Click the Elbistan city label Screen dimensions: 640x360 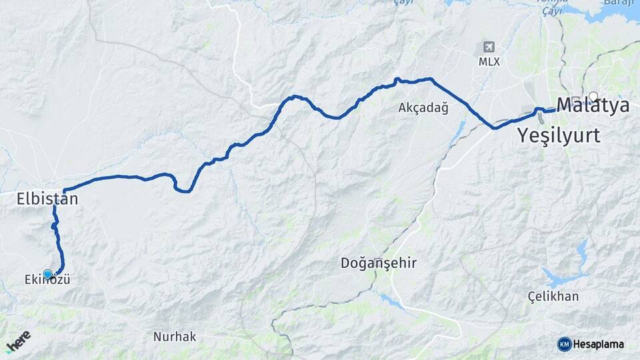(47, 199)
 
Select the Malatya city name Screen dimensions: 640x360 (593, 105)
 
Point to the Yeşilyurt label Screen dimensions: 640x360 (559, 136)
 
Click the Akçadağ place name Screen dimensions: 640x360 (423, 107)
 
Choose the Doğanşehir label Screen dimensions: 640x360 (379, 263)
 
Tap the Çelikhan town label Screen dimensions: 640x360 (553, 296)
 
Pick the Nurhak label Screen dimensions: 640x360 (175, 337)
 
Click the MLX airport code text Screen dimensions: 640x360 (489, 62)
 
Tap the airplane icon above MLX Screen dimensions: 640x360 (489, 47)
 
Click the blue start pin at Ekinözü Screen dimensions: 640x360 (48, 274)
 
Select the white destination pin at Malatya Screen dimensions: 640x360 (593, 96)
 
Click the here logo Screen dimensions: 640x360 (18, 339)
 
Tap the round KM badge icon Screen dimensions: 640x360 (564, 344)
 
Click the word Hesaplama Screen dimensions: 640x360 (599, 344)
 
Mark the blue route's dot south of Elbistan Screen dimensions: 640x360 (54, 226)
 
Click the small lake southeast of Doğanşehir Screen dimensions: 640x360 (393, 303)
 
